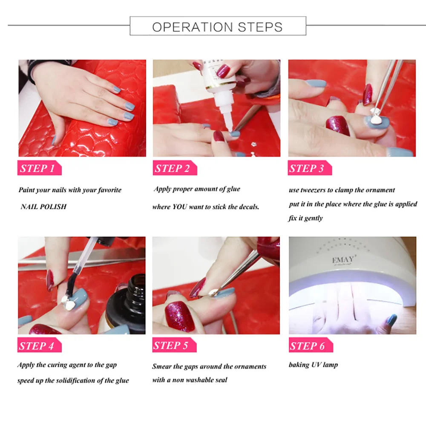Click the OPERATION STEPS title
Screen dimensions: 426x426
click(x=217, y=27)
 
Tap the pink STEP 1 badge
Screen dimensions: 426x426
click(x=39, y=168)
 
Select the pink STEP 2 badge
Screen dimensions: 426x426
click(x=175, y=168)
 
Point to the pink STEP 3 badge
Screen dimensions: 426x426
click(x=310, y=168)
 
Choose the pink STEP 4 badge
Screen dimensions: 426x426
click(x=39, y=345)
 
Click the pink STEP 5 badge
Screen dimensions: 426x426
click(x=174, y=345)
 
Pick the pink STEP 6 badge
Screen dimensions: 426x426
click(x=311, y=345)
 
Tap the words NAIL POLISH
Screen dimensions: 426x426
click(x=43, y=207)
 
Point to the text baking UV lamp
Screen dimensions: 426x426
click(x=313, y=365)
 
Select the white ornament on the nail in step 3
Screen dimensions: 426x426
click(x=375, y=118)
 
